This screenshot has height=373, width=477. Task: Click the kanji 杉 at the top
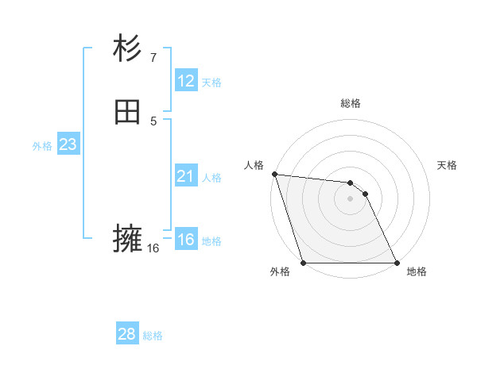click(127, 49)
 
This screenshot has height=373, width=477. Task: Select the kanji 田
click(127, 113)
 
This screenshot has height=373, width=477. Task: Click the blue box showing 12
click(185, 81)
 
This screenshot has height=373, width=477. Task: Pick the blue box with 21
click(185, 176)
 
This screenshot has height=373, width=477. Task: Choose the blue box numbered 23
click(68, 144)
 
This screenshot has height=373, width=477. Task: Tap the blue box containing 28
click(127, 334)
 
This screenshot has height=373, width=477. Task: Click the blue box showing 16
click(185, 240)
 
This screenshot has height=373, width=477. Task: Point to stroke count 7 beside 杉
click(153, 57)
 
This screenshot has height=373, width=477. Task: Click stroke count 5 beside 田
click(153, 121)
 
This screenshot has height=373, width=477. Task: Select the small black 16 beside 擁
click(153, 248)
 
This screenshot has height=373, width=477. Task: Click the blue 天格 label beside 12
click(211, 83)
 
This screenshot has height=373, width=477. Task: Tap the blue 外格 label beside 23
click(42, 146)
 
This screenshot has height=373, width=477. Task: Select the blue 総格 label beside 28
click(153, 336)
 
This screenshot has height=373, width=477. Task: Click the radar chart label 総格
click(351, 103)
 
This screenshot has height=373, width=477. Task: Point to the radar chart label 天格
click(448, 165)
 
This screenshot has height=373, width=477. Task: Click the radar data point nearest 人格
click(274, 174)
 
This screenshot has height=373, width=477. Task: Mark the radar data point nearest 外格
click(303, 263)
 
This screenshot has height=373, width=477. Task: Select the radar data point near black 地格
click(397, 263)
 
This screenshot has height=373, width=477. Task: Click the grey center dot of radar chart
click(350, 198)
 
